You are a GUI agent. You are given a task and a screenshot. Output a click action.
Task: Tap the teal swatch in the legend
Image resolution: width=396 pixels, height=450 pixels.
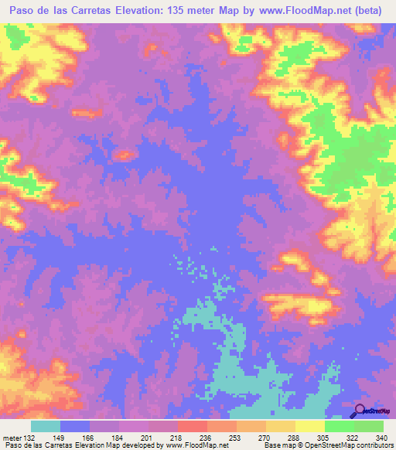click(46, 427)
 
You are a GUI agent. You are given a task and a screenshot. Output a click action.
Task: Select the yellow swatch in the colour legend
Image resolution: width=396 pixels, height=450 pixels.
click(309, 427)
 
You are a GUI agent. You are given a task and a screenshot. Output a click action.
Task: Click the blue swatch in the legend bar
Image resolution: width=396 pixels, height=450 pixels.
click(75, 427)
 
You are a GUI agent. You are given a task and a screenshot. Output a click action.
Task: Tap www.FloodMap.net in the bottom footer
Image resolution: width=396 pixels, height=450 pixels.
click(196, 445)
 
